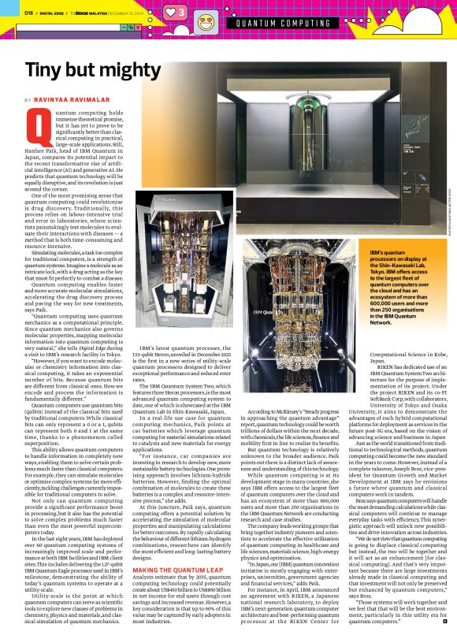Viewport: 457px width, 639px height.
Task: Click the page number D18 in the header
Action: (28, 12)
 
